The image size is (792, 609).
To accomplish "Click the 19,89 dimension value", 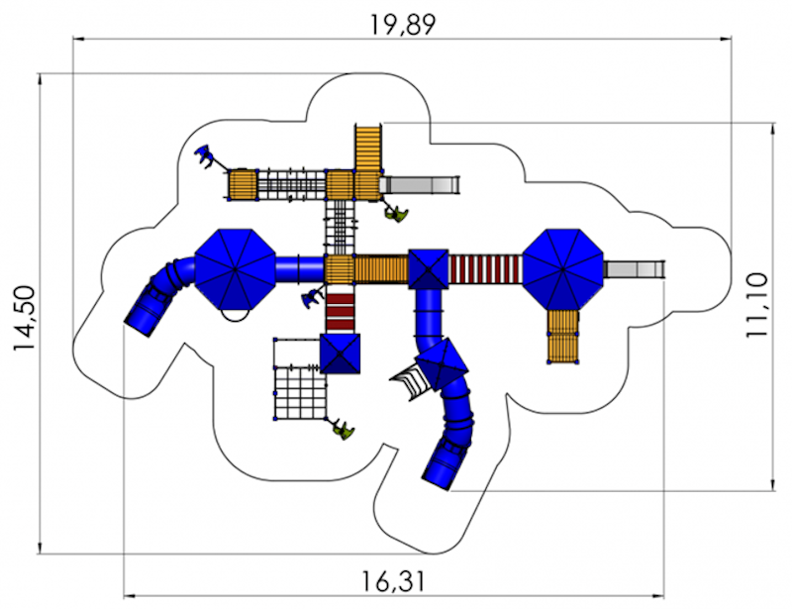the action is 403,24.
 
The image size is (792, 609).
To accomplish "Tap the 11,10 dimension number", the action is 756,305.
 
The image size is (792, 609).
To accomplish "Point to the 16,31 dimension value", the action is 393,581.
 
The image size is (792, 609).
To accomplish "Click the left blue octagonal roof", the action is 235,270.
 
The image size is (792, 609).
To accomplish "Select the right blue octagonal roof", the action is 562,269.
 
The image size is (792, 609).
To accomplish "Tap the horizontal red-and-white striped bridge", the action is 485,269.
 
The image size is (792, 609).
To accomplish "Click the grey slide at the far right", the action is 634,269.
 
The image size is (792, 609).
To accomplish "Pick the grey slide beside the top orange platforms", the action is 419,184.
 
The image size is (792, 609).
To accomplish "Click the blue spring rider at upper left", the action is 206,155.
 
